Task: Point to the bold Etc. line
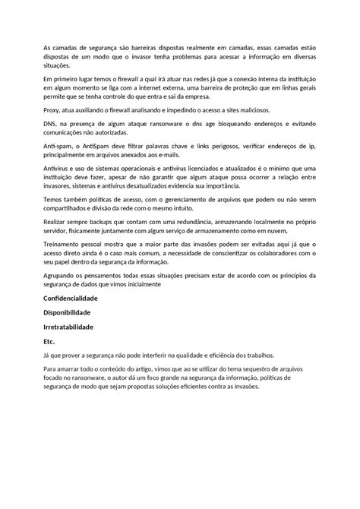click(x=49, y=341)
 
